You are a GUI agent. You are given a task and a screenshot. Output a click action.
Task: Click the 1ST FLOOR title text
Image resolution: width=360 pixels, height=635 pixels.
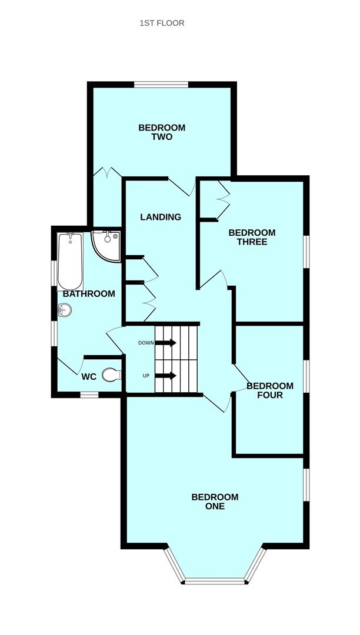(162, 23)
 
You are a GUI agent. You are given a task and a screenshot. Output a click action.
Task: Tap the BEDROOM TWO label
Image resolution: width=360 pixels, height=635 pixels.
(162, 132)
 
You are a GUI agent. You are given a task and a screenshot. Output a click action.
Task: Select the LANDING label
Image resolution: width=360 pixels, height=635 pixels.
(161, 217)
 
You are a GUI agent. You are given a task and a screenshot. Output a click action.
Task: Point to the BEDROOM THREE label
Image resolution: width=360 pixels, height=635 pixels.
(252, 237)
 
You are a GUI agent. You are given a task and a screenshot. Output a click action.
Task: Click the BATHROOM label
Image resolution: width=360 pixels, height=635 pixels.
(89, 293)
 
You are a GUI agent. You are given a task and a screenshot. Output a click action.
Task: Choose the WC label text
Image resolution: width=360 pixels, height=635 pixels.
(89, 376)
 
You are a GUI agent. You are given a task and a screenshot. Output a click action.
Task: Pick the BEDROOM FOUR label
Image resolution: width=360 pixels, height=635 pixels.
(269, 390)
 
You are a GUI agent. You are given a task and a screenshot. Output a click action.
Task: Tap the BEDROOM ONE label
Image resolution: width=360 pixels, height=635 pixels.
(215, 502)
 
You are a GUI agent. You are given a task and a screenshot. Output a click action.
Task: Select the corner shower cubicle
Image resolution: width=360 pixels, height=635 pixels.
(106, 243)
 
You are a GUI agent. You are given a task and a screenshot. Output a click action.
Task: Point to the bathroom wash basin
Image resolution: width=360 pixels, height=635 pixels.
(65, 309)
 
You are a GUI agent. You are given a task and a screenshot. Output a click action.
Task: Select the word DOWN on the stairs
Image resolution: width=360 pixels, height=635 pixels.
(145, 343)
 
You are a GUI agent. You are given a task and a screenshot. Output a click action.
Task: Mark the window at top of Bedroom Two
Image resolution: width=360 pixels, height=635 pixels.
(161, 85)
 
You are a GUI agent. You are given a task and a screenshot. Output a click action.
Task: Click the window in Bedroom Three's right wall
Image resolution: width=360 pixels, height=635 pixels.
(306, 252)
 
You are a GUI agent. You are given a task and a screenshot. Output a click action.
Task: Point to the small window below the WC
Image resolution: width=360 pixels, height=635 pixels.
(89, 395)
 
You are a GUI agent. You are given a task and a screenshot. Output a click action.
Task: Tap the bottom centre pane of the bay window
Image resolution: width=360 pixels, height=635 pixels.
(214, 581)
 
